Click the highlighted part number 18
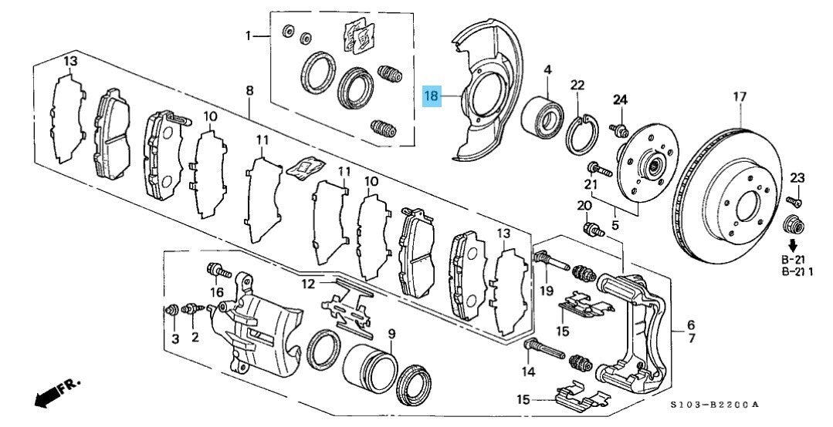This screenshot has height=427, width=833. (431, 97)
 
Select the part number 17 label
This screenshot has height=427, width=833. (740, 97)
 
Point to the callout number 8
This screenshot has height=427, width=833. (249, 91)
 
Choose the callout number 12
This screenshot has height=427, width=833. (308, 284)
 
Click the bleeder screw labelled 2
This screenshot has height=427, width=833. (188, 309)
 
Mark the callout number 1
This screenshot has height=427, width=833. (249, 35)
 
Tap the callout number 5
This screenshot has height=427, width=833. (615, 225)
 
